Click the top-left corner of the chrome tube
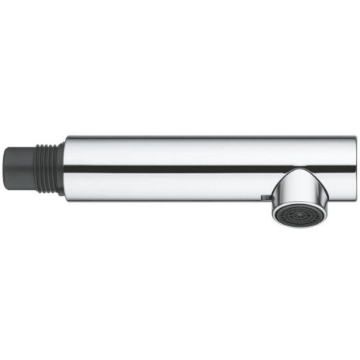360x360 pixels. click(66, 138)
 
